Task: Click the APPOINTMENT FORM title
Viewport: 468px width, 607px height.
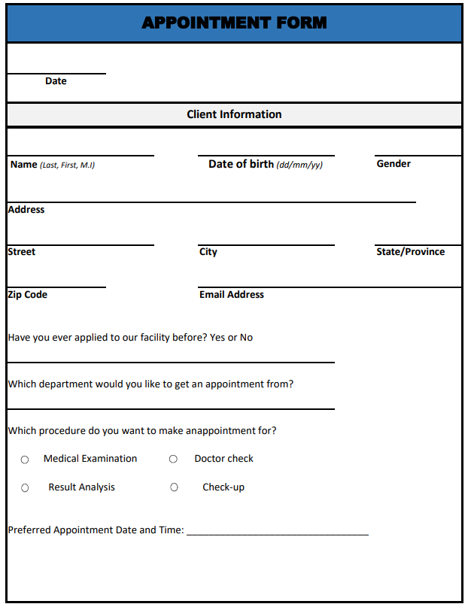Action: click(x=234, y=23)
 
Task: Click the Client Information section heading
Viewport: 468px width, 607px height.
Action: click(x=234, y=114)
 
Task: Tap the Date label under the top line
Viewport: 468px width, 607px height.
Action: click(x=56, y=81)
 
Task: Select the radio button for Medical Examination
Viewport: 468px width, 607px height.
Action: click(x=25, y=460)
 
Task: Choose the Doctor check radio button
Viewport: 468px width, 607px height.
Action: click(x=173, y=459)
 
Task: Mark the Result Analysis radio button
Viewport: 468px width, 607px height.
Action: click(x=25, y=488)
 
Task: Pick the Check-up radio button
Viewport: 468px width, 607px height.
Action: click(x=174, y=487)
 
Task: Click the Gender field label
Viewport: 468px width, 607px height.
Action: click(x=394, y=163)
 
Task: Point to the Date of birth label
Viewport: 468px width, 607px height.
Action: click(x=241, y=164)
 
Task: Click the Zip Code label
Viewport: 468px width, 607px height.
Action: click(x=28, y=295)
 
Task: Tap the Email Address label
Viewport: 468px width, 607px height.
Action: click(x=232, y=295)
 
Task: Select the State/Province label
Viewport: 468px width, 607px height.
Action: click(x=410, y=252)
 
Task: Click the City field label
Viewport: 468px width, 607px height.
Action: click(x=208, y=252)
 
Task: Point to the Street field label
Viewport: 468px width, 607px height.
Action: click(x=22, y=252)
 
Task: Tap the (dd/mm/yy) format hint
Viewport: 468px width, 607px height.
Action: click(x=299, y=165)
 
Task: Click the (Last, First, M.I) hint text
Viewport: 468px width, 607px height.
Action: click(x=67, y=165)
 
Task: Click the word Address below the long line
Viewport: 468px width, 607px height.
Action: click(x=26, y=210)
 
